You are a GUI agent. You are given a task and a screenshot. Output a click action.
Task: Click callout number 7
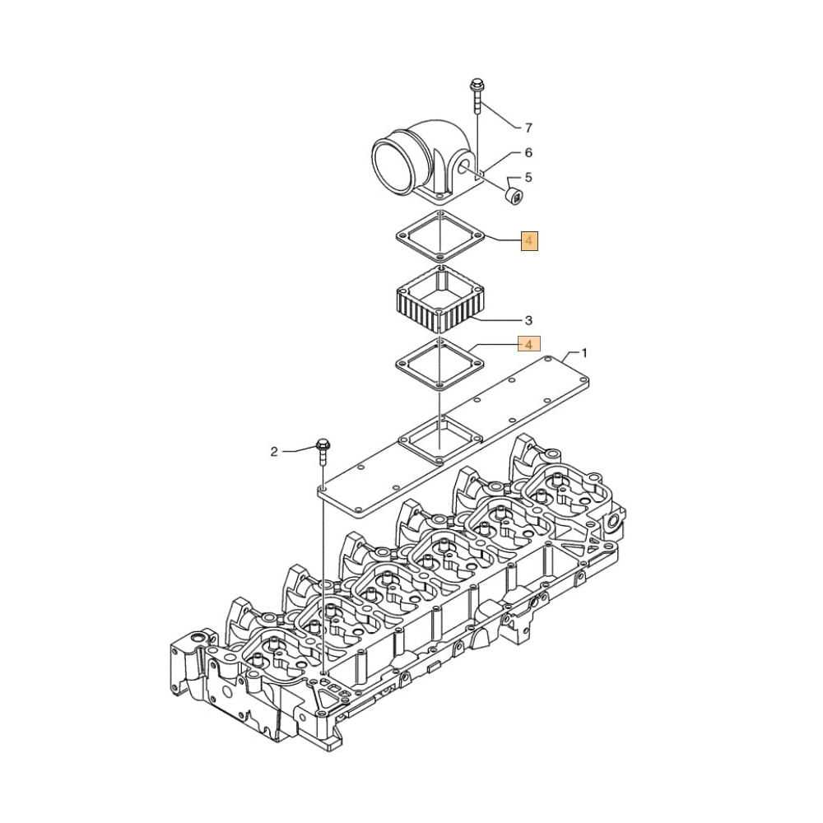(x=528, y=128)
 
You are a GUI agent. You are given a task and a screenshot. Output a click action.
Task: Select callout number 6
(x=528, y=152)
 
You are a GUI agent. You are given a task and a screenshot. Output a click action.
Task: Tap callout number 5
(x=528, y=177)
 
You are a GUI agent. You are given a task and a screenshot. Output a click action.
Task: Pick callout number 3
(x=528, y=320)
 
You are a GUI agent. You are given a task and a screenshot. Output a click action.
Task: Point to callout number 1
(x=584, y=353)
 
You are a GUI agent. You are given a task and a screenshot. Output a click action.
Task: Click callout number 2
(x=275, y=451)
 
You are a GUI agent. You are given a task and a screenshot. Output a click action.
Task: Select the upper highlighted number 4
(x=528, y=241)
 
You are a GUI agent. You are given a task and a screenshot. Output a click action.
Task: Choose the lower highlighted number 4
(x=528, y=343)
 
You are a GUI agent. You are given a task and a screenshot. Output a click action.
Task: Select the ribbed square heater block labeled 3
(x=439, y=304)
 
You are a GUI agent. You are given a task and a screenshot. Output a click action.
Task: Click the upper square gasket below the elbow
(x=439, y=237)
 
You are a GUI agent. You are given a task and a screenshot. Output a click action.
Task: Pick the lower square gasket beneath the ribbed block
(x=439, y=364)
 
